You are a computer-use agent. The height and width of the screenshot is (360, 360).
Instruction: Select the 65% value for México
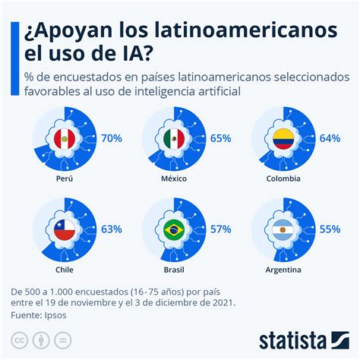[x=221, y=139]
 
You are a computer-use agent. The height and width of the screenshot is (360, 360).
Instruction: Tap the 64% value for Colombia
[x=330, y=139]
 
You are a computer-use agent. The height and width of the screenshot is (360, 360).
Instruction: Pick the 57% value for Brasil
[x=221, y=227]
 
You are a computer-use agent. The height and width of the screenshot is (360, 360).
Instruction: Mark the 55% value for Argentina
[x=330, y=227]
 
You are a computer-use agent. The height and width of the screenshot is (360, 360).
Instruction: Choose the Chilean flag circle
[x=66, y=229]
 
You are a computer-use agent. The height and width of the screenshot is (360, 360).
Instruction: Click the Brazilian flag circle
[x=175, y=229]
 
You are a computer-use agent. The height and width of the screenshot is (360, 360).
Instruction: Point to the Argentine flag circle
[x=284, y=229]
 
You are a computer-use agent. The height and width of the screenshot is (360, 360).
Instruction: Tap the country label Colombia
[x=284, y=179]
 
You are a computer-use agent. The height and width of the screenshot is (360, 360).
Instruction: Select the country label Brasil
[x=175, y=269]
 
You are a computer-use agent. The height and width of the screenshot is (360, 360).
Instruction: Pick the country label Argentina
[x=284, y=269]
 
